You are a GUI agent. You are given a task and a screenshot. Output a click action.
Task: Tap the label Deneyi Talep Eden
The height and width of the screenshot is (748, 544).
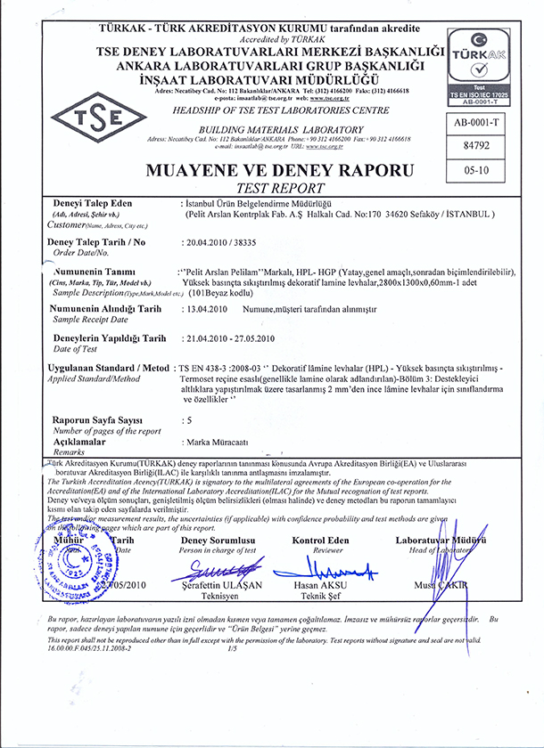[x=81, y=204]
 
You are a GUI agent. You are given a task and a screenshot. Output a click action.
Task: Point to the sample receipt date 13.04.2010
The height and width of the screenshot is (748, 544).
[x=206, y=308]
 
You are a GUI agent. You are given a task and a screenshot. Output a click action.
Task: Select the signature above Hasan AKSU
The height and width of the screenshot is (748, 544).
[x=322, y=569]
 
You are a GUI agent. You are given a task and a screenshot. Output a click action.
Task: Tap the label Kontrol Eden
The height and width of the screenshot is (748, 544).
[x=320, y=541]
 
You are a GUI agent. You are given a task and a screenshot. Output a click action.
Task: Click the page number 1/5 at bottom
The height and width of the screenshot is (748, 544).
[x=233, y=649]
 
